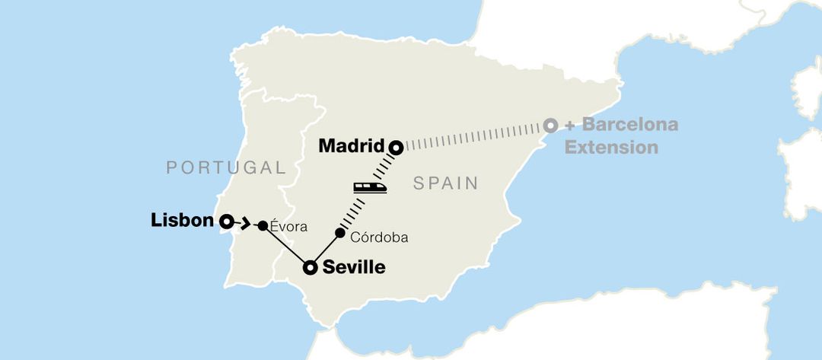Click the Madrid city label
(351, 145)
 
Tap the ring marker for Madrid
(396, 147)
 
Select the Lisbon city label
(182, 221)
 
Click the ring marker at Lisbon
(226, 221)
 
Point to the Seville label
(354, 268)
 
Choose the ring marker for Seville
(311, 268)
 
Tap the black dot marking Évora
(263, 226)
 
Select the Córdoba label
(379, 237)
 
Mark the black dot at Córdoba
(340, 232)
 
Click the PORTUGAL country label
(226, 168)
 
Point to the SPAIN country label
(446, 183)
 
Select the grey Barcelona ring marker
(550, 125)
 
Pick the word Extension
(611, 146)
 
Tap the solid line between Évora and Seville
(286, 247)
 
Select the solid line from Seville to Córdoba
(326, 250)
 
